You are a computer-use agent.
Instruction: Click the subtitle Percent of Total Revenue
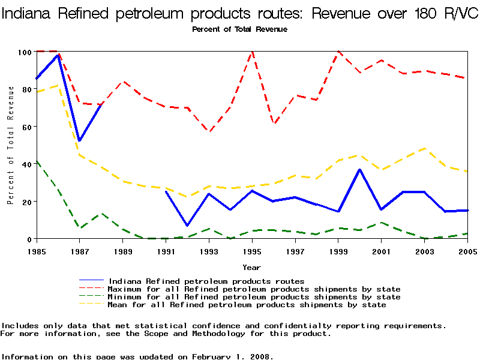click(x=239, y=29)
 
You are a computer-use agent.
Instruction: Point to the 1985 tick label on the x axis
click(x=37, y=251)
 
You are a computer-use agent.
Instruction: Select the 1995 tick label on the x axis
click(x=252, y=251)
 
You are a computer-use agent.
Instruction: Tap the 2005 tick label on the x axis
click(x=467, y=251)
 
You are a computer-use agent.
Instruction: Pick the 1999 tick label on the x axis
click(x=338, y=251)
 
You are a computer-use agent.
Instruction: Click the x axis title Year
click(x=251, y=267)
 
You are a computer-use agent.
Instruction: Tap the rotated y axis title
click(x=11, y=145)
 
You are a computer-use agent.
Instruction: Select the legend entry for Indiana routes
click(x=206, y=281)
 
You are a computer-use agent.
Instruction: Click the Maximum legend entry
click(x=254, y=289)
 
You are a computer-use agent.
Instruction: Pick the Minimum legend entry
click(x=254, y=297)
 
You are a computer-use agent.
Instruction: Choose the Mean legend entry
click(x=247, y=305)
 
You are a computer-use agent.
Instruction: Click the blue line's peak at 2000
click(x=359, y=170)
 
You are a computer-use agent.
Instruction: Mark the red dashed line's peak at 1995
click(x=252, y=52)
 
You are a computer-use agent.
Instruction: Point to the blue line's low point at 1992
click(x=187, y=226)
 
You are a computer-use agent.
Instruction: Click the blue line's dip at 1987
click(x=79, y=141)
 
